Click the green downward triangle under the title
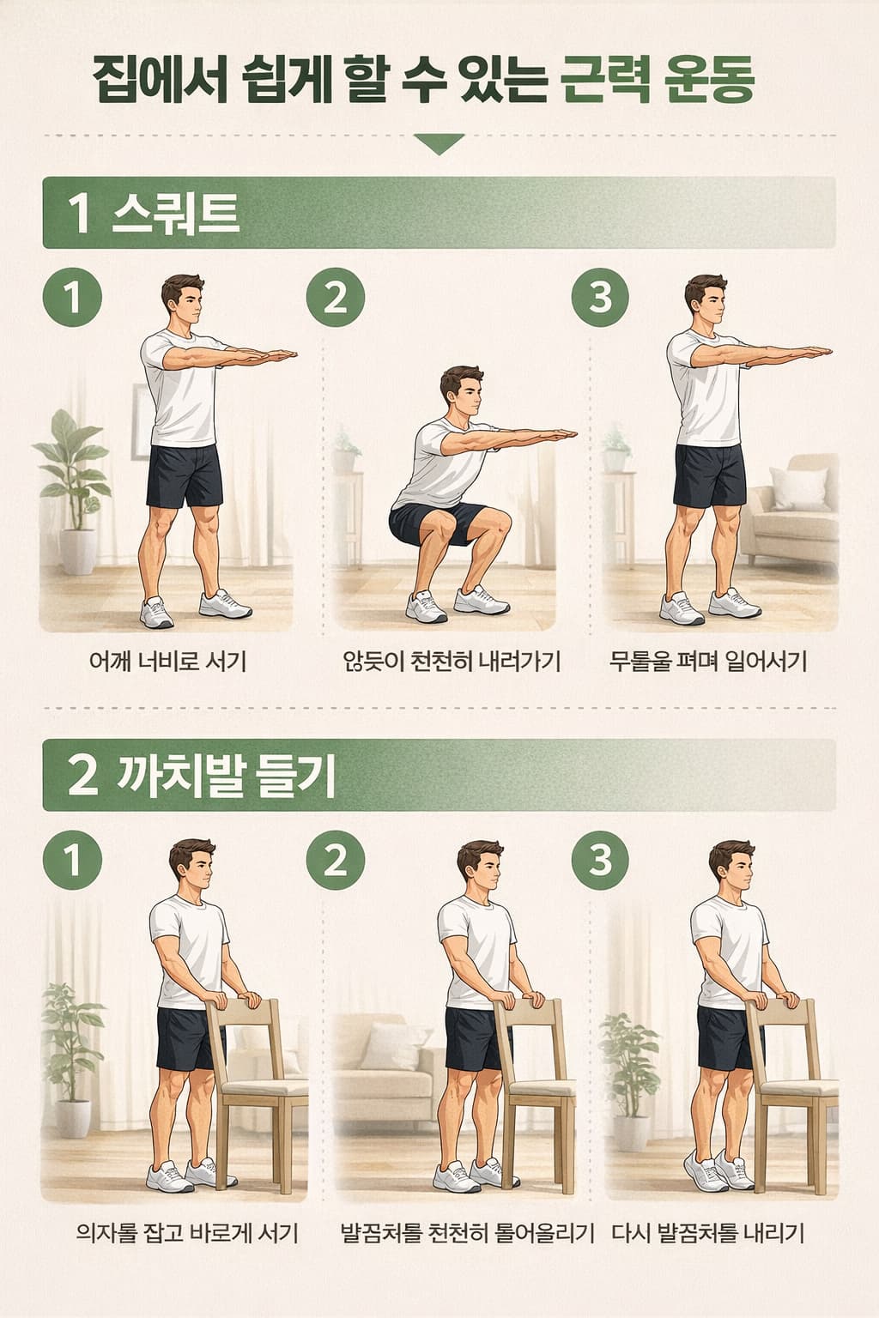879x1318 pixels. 439,143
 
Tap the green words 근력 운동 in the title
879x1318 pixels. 658,82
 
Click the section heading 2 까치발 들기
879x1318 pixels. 201,775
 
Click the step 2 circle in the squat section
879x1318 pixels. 336,298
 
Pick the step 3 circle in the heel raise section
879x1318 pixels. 600,859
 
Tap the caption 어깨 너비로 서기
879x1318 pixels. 168,662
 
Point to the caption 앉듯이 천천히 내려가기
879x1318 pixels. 451,662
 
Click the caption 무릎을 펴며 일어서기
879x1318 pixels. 708,662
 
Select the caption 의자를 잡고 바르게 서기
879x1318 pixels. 187,1234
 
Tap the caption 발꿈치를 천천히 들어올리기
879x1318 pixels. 467,1234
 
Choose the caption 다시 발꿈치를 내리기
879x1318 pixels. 708,1234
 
